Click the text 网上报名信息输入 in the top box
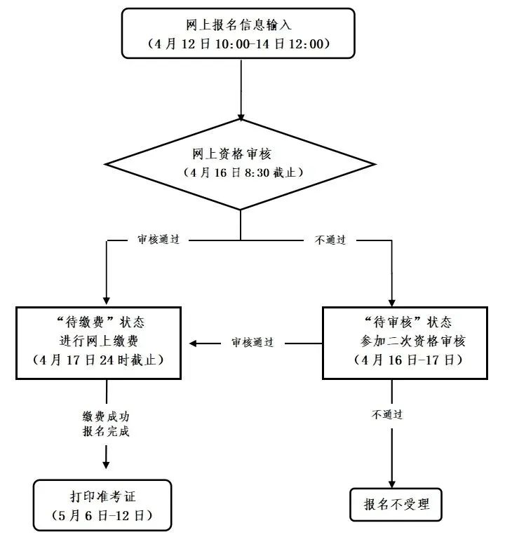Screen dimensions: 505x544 tap(238, 25)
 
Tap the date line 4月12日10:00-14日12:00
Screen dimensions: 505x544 tap(238, 44)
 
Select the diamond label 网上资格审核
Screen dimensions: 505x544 tap(231, 154)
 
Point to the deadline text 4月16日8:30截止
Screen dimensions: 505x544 tap(243, 172)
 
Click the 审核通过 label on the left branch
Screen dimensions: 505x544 tap(159, 239)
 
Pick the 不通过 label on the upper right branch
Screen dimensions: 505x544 tap(330, 240)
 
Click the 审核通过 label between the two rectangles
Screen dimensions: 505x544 tap(252, 342)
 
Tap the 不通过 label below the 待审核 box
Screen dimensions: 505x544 tap(387, 414)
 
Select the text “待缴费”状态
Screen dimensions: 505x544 tap(101, 322)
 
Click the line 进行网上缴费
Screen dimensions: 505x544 tap(99, 341)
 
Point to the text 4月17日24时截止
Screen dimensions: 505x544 tap(98, 360)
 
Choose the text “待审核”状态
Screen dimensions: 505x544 tap(408, 322)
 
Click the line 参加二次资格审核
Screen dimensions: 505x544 tap(412, 341)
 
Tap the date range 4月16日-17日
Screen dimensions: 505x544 tap(408, 360)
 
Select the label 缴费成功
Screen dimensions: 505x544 tap(106, 416)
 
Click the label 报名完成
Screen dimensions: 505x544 tap(106, 431)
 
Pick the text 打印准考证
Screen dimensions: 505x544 tap(102, 496)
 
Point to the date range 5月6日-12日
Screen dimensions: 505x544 tap(102, 515)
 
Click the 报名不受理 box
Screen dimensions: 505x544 tap(396, 505)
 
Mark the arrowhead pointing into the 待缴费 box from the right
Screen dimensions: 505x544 tap(194, 343)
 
